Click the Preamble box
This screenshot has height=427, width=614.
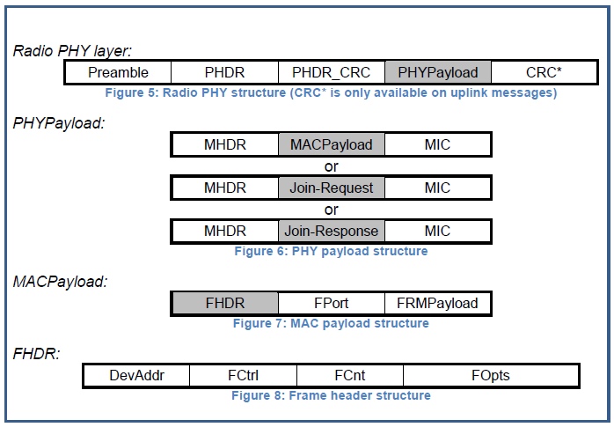click(x=118, y=72)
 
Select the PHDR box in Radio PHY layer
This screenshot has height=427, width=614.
click(x=224, y=72)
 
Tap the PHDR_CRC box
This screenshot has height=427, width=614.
click(x=331, y=72)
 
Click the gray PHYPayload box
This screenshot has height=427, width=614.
click(x=437, y=72)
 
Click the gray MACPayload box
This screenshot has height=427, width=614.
click(x=331, y=144)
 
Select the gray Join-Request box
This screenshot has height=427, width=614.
click(x=331, y=188)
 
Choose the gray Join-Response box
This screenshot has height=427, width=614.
click(x=331, y=232)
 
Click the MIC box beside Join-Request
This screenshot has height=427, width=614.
click(x=437, y=188)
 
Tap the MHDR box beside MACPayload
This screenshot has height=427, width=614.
click(x=225, y=144)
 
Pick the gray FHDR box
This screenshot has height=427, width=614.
click(x=225, y=304)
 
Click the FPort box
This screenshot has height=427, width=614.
click(x=331, y=304)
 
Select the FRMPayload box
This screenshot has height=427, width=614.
click(x=437, y=304)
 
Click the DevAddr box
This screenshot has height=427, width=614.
click(x=136, y=376)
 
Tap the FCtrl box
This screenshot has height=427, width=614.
click(x=243, y=376)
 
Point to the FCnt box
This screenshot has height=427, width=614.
click(x=349, y=376)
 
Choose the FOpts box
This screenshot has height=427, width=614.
click(x=490, y=376)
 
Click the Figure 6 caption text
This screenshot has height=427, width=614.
click(x=331, y=252)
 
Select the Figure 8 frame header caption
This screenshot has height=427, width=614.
click(x=331, y=396)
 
